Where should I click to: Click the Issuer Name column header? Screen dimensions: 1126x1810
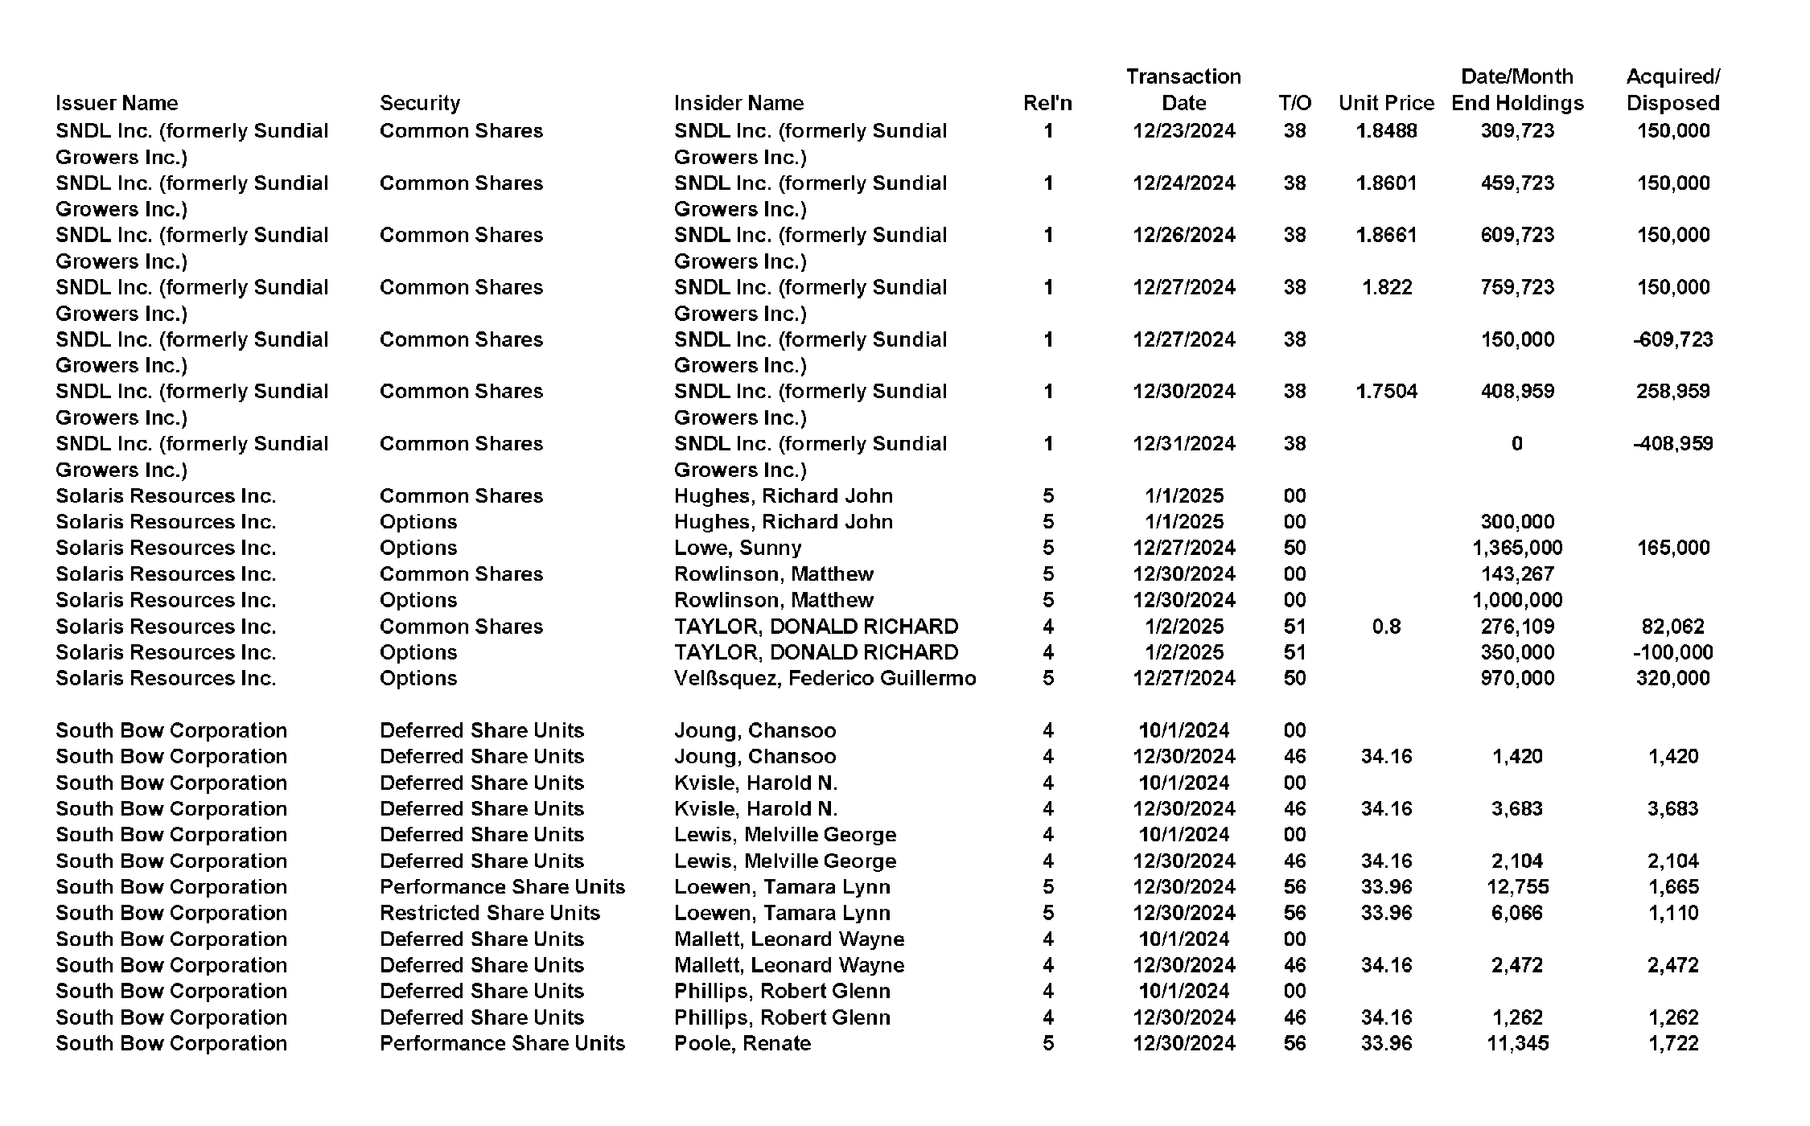117,103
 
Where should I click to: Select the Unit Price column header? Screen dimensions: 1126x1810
1386,103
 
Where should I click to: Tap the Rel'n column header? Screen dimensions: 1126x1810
1047,103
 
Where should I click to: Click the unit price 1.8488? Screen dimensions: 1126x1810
1386,131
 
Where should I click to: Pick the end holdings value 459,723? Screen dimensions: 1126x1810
1517,183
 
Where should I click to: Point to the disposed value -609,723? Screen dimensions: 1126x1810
1672,339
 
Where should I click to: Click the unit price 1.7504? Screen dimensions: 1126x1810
1386,392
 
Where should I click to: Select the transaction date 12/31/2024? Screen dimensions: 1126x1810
1183,444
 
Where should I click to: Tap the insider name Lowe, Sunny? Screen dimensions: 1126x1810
738,548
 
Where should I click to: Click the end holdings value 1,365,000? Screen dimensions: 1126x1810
1517,548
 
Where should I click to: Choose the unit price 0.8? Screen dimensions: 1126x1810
1386,627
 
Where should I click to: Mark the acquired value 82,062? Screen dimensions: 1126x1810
1672,627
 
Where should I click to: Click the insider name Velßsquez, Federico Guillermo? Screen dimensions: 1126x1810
825,678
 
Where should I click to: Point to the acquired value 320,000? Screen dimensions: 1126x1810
1672,678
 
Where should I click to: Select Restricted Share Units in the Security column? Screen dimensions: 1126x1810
490,913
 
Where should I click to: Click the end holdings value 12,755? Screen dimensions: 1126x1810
1517,887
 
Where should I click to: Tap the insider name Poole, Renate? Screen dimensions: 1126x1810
743,1043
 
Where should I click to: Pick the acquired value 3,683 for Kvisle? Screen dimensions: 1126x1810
1672,809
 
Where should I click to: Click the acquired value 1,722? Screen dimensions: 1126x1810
1672,1043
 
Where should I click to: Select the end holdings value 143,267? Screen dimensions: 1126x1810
1517,574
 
